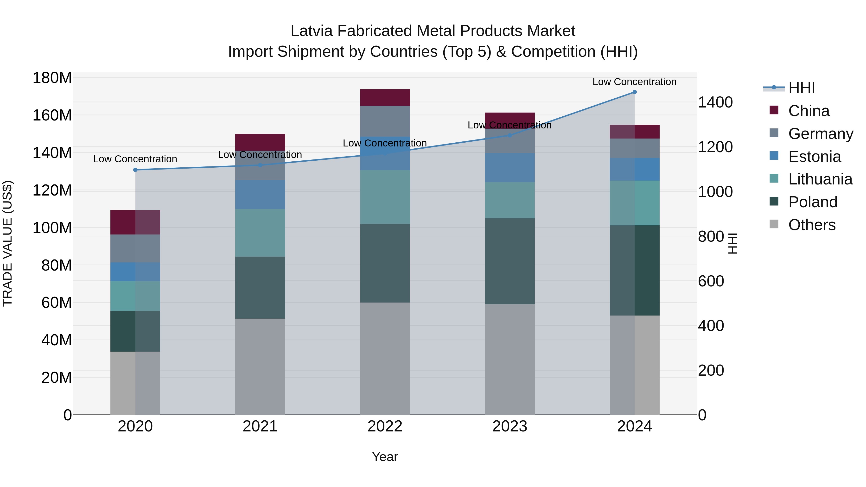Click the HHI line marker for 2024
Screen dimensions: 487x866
634,92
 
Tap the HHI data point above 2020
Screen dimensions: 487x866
135,170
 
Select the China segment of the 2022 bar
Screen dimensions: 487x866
385,97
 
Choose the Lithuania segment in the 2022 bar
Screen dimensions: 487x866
385,197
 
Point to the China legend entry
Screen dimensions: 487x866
809,111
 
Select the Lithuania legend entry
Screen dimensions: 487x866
820,179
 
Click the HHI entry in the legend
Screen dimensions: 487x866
802,88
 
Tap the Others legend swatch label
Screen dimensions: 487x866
812,225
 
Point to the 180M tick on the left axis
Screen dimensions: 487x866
52,78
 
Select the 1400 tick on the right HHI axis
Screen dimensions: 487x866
715,102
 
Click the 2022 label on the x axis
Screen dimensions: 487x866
385,426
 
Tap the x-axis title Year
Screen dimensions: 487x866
385,457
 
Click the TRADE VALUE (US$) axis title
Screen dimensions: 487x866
7,243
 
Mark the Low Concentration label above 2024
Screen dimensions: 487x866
634,82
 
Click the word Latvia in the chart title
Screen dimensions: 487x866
311,31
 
